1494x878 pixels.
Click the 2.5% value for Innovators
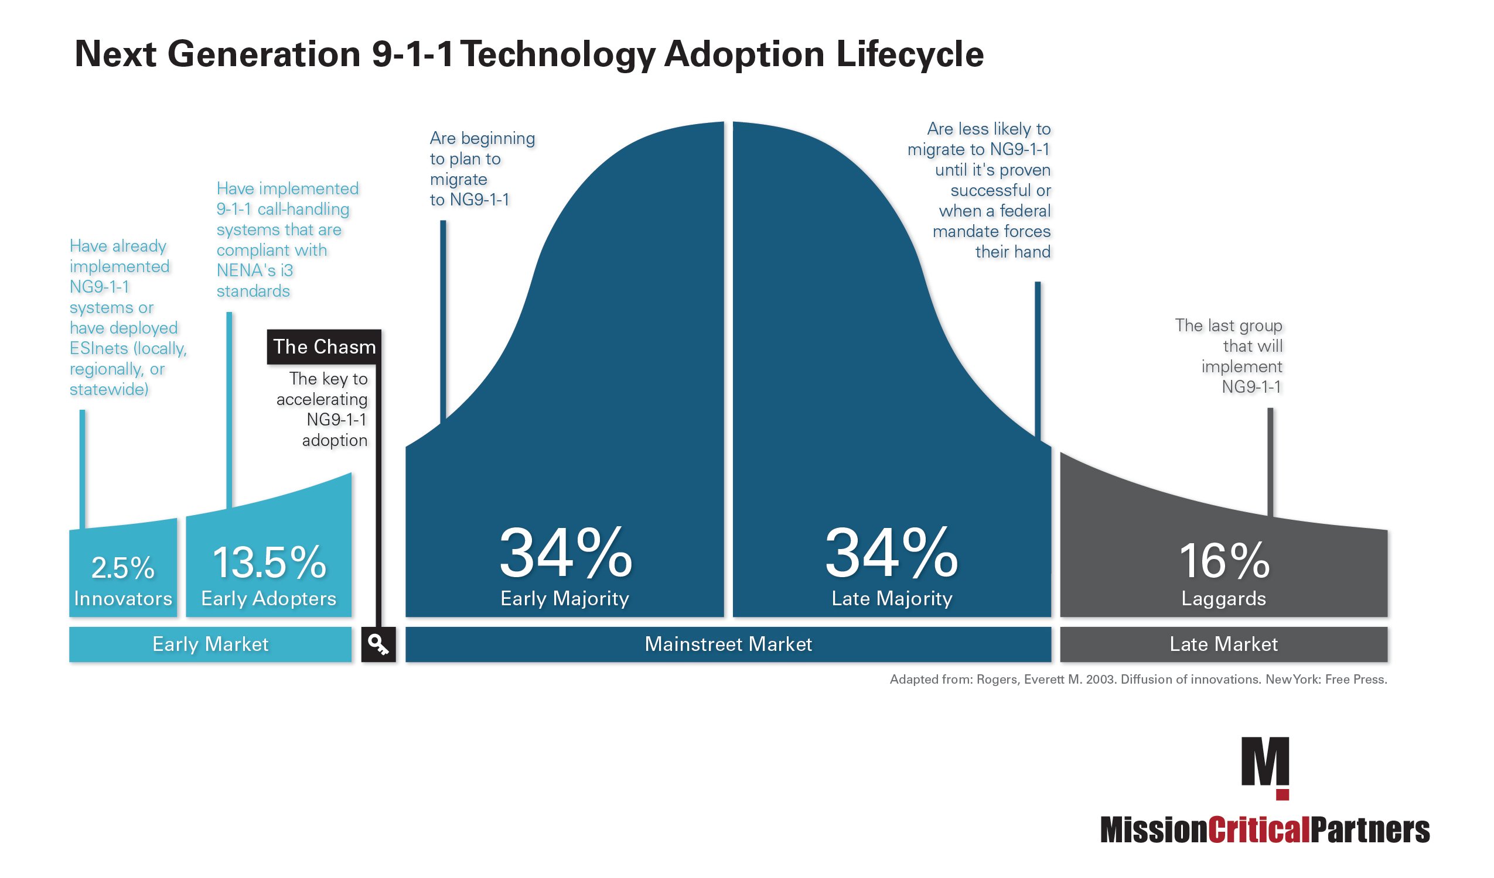pos(122,568)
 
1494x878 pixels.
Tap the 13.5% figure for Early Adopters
pos(268,563)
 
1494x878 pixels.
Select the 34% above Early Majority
pos(565,553)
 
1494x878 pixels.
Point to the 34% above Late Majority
pos(891,553)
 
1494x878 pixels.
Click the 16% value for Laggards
pos(1224,561)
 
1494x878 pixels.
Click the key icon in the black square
pos(378,644)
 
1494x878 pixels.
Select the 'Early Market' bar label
pos(210,644)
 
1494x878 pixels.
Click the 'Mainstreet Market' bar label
pos(728,644)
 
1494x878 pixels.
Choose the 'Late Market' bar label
pos(1223,644)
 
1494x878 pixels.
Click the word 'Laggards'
pos(1223,598)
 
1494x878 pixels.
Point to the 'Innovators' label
pos(122,598)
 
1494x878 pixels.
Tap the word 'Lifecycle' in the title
pos(910,54)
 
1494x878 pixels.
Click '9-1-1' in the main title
pos(412,54)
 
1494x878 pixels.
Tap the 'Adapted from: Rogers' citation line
pos(1138,680)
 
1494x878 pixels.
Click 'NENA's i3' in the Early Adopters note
pos(255,270)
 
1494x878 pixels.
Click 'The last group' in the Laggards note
pos(1229,325)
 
